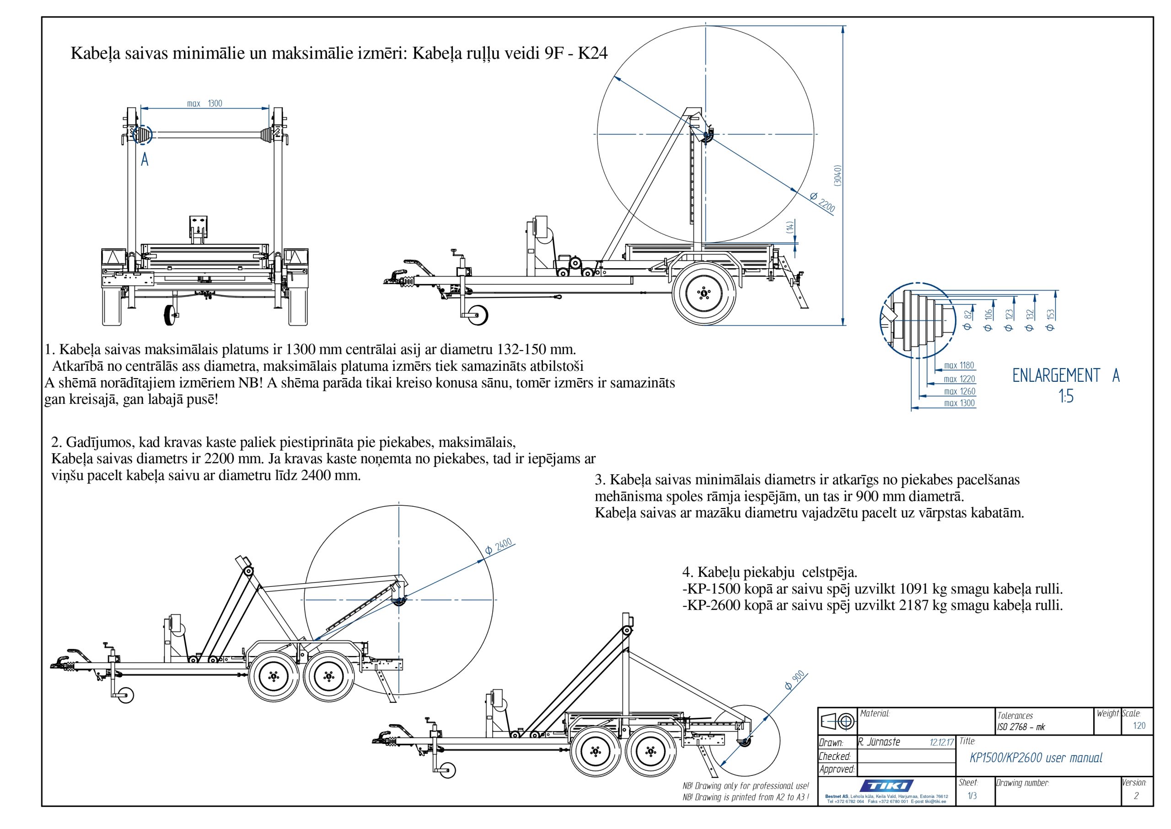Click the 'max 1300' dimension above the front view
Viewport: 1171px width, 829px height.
tap(204, 103)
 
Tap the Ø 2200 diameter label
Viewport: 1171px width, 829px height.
tap(822, 203)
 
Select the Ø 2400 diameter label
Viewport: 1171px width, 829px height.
tap(498, 547)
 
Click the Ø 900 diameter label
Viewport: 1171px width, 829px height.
tap(795, 680)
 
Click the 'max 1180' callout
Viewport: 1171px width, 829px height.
tap(959, 365)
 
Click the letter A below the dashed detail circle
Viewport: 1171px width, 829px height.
tap(145, 160)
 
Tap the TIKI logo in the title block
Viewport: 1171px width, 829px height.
tap(886, 786)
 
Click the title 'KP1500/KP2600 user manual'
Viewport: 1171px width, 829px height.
tap(1036, 758)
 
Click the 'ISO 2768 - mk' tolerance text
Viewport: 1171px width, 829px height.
tap(1021, 727)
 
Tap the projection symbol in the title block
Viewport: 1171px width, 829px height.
tap(837, 721)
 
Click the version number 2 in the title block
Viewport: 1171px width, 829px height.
tap(1136, 796)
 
